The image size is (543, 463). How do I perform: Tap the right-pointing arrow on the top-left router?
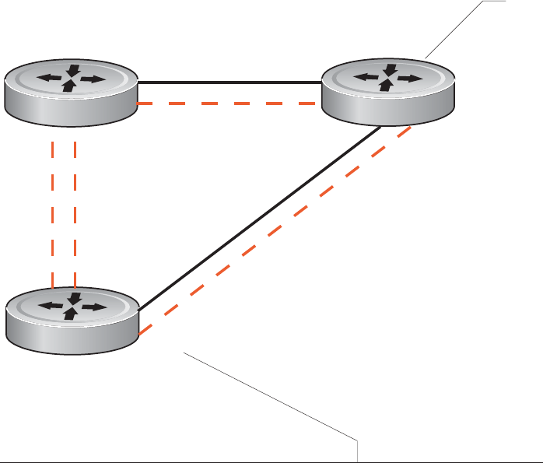tap(93, 79)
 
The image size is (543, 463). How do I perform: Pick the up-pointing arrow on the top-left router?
tap(71, 86)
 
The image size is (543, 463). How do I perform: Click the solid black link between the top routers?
tap(229, 82)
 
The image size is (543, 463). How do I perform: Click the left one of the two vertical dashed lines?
tap(51, 210)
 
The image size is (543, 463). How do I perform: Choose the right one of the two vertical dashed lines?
tap(75, 210)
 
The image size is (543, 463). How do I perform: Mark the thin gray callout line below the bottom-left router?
tap(272, 397)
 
